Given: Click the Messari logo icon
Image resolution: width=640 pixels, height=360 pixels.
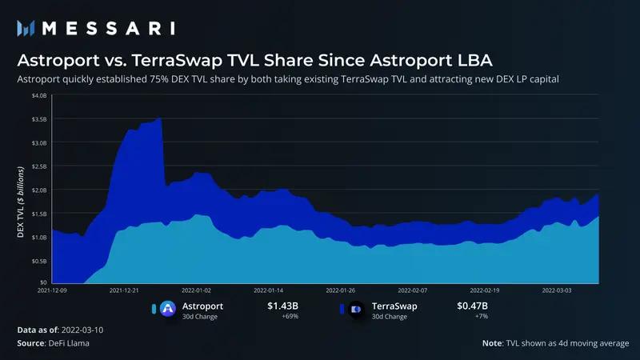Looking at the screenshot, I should [26, 28].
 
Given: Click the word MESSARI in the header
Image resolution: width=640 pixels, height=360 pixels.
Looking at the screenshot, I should [108, 28].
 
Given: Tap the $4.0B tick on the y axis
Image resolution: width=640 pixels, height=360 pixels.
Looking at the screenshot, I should [38, 96].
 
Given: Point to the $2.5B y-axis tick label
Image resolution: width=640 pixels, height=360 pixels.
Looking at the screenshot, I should [38, 166].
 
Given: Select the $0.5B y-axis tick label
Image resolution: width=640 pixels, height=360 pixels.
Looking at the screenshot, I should [38, 261].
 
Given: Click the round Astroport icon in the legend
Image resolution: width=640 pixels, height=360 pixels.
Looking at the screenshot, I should [168, 308].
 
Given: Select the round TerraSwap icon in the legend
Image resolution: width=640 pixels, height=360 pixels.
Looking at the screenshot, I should [356, 308].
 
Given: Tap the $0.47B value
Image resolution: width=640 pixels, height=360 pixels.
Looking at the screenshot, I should [472, 306].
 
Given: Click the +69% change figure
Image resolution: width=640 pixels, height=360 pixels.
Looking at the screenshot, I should [290, 317].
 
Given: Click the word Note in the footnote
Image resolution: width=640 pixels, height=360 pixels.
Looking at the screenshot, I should [492, 342].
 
